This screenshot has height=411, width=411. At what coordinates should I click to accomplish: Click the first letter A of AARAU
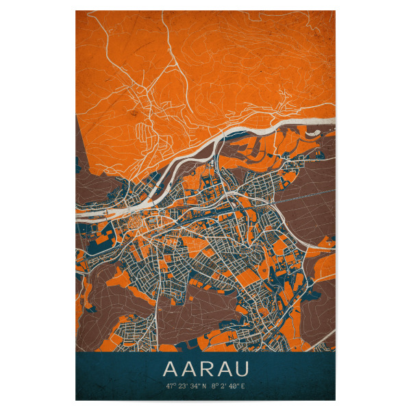[171, 370]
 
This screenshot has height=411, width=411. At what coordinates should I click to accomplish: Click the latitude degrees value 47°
[170, 386]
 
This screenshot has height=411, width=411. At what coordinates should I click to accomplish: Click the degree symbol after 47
[174, 384]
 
